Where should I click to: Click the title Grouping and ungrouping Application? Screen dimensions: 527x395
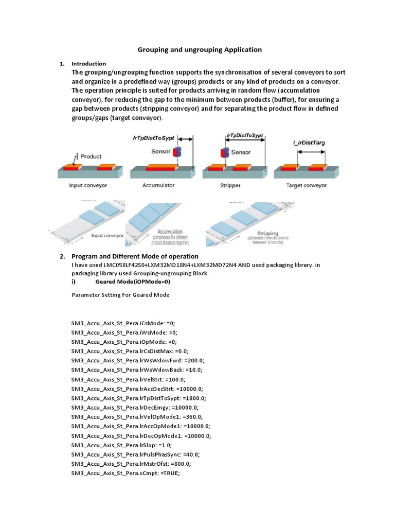click(200, 50)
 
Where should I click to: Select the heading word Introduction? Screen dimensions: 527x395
click(88, 64)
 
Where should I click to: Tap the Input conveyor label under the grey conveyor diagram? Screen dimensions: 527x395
click(88, 185)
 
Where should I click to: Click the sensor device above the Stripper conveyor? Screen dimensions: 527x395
click(224, 153)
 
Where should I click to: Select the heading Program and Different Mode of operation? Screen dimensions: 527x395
click(135, 256)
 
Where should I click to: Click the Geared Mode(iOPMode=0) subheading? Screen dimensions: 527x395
click(133, 282)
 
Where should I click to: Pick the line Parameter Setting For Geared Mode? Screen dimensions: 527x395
click(120, 295)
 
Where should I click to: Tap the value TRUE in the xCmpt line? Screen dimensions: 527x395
click(170, 473)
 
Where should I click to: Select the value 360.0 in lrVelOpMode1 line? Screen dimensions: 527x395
click(192, 416)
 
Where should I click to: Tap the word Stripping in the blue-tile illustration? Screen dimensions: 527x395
click(267, 232)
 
